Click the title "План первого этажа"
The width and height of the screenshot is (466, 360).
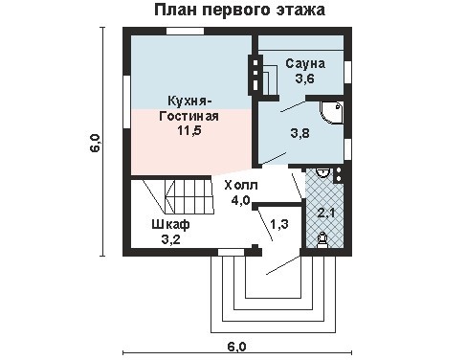pos(239,10)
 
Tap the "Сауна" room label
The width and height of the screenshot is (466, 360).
pos(305,63)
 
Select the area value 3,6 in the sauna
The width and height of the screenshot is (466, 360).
pos(304,79)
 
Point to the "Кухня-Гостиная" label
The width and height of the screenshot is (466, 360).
pos(189,108)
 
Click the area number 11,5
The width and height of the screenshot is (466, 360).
pos(189,130)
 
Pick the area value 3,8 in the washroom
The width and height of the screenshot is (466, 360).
pos(300,133)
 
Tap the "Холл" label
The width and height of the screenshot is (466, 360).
pos(241,185)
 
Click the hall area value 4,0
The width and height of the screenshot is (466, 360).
pos(241,200)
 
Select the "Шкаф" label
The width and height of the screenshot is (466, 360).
pos(170,225)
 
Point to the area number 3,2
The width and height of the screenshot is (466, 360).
pos(170,239)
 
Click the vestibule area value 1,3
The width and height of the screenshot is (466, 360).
pos(279,224)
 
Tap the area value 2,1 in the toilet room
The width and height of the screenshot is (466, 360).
pos(326,213)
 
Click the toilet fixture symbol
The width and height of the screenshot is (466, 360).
pos(322,239)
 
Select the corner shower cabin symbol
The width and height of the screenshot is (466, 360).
pos(332,113)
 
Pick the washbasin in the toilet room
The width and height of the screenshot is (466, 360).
pos(322,172)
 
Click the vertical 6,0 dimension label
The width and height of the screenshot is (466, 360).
pos(96,143)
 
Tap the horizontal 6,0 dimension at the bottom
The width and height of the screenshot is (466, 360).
pos(237,347)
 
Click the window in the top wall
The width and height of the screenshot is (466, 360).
pos(186,32)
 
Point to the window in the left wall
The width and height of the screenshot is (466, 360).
pos(126,102)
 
